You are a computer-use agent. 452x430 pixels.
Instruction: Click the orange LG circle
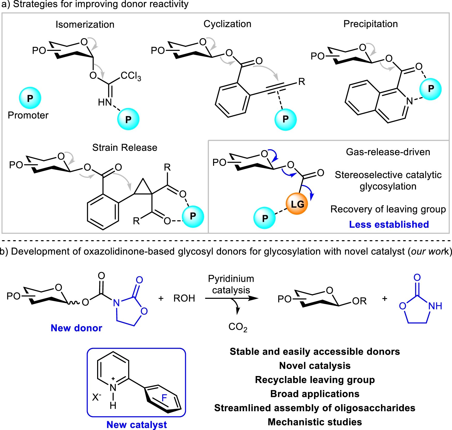[297, 204]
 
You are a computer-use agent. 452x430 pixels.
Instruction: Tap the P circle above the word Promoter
[30, 98]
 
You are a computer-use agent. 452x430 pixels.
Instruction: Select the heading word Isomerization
[85, 25]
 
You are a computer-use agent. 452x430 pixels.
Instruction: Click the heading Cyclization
[227, 24]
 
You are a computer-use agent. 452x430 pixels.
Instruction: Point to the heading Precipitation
[371, 24]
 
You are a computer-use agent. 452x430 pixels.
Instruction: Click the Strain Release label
[125, 147]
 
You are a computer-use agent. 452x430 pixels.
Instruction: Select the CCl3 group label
[131, 76]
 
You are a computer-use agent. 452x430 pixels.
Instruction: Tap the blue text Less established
[389, 224]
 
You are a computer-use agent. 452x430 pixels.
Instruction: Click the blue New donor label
[76, 328]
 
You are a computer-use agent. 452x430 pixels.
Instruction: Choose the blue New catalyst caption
[137, 425]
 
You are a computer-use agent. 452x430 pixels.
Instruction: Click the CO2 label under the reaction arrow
[238, 327]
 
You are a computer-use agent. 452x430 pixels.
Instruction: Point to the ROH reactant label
[184, 298]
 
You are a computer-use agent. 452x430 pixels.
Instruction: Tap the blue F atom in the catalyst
[164, 398]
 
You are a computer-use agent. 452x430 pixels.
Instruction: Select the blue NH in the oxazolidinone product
[435, 306]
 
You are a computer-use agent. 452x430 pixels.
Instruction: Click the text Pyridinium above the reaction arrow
[231, 279]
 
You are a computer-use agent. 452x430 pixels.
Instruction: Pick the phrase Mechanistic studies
[315, 422]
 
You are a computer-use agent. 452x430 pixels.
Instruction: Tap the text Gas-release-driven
[388, 152]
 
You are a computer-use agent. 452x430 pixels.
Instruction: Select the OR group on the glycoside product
[359, 301]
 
